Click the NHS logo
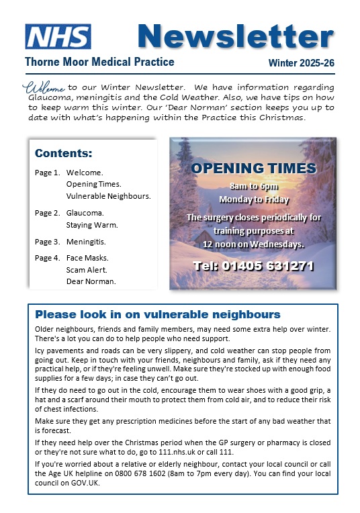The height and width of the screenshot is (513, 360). (58, 36)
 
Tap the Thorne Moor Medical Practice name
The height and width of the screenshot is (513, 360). (99, 62)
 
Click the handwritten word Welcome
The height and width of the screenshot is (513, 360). (44, 87)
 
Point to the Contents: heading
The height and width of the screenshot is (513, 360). (64, 153)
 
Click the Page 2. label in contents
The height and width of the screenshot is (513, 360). (48, 213)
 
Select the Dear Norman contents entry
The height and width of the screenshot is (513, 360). (91, 281)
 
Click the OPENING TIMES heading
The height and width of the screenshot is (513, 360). (253, 168)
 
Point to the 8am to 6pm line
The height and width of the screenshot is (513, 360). (253, 186)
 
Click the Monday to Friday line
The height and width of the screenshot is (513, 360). (253, 199)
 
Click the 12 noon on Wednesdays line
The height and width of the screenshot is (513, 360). (253, 244)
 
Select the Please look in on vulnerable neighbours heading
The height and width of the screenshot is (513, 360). (158, 314)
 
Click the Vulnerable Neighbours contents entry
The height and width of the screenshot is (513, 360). (109, 196)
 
